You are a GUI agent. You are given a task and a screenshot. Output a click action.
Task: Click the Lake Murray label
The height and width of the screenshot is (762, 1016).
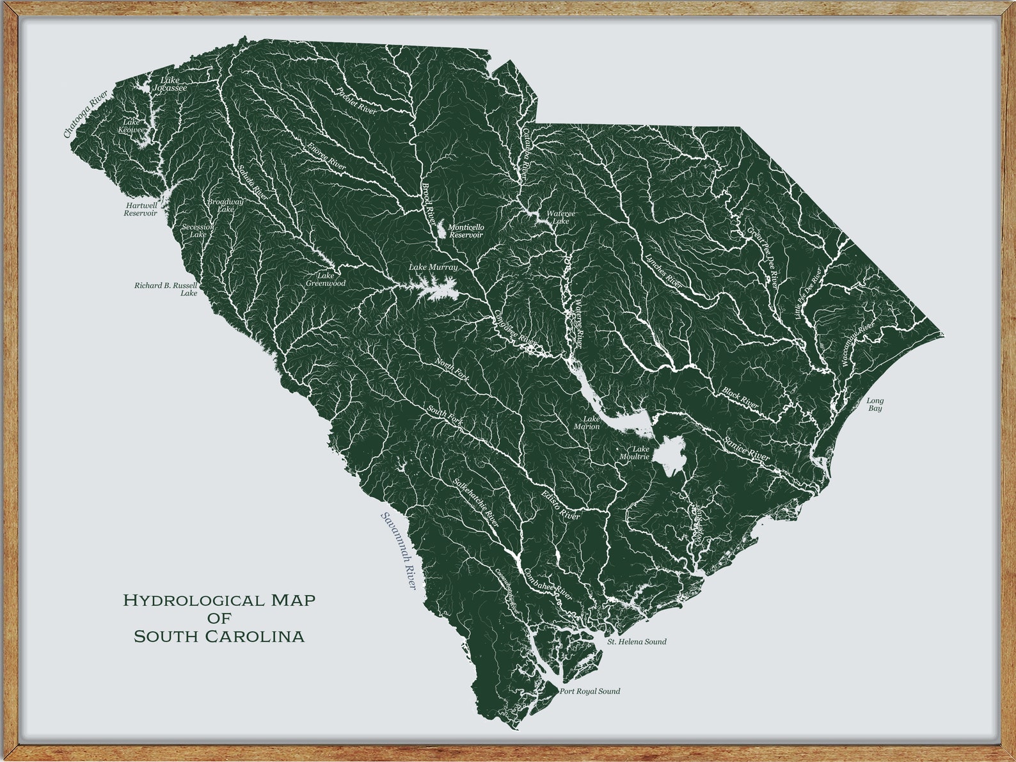(x=433, y=267)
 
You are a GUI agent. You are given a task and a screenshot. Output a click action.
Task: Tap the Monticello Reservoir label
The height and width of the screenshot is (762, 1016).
(x=466, y=231)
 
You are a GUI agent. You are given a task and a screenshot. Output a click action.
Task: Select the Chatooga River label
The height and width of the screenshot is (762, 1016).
(x=86, y=114)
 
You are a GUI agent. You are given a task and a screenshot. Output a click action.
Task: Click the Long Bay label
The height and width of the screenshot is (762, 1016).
(x=875, y=404)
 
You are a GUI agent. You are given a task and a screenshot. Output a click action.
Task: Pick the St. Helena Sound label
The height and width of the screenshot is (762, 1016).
(x=637, y=642)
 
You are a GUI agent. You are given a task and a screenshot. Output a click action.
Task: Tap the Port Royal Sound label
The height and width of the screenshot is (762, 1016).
(x=589, y=692)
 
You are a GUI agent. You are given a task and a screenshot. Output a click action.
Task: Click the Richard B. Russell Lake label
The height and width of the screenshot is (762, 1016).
(x=166, y=289)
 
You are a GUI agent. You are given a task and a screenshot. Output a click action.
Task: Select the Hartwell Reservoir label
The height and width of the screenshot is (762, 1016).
(x=141, y=209)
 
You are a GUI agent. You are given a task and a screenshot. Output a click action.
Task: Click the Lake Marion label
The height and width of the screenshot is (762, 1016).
(x=587, y=422)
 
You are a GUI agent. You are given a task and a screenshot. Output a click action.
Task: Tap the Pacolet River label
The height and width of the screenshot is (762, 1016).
(x=356, y=100)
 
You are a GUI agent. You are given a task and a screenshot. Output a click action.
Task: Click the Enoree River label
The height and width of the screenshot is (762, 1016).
(x=326, y=155)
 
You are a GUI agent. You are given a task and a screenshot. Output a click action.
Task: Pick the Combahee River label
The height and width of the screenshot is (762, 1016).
(x=548, y=582)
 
